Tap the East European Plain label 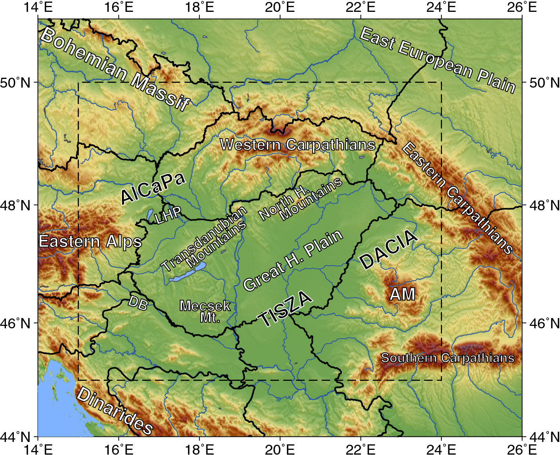click(x=437, y=60)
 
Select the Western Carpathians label click(x=298, y=145)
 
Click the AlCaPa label click(x=153, y=188)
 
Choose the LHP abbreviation click(x=168, y=215)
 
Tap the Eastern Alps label click(x=90, y=242)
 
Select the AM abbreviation click(x=403, y=294)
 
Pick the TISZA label click(x=285, y=309)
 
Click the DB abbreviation click(x=138, y=303)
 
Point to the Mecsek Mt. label click(x=205, y=311)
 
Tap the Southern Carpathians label click(x=448, y=358)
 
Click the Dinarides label click(x=114, y=410)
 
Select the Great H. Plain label click(x=293, y=260)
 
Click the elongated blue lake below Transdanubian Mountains click(x=188, y=273)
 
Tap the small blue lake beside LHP click(x=150, y=215)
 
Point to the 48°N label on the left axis click(x=15, y=205)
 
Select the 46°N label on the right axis click(x=545, y=323)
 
